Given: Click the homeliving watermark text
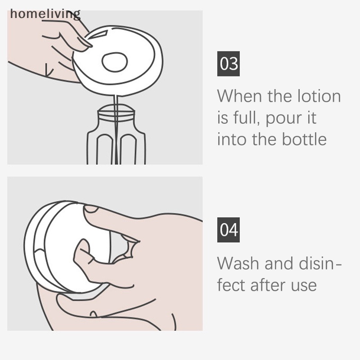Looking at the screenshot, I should (45, 14).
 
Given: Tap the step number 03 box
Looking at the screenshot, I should (228, 64).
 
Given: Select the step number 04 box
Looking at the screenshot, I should (228, 230).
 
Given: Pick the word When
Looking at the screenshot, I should (240, 96).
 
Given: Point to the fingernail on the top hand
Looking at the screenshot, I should (84, 44).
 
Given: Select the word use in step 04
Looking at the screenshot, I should (304, 284).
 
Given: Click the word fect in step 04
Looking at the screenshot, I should (231, 284).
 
